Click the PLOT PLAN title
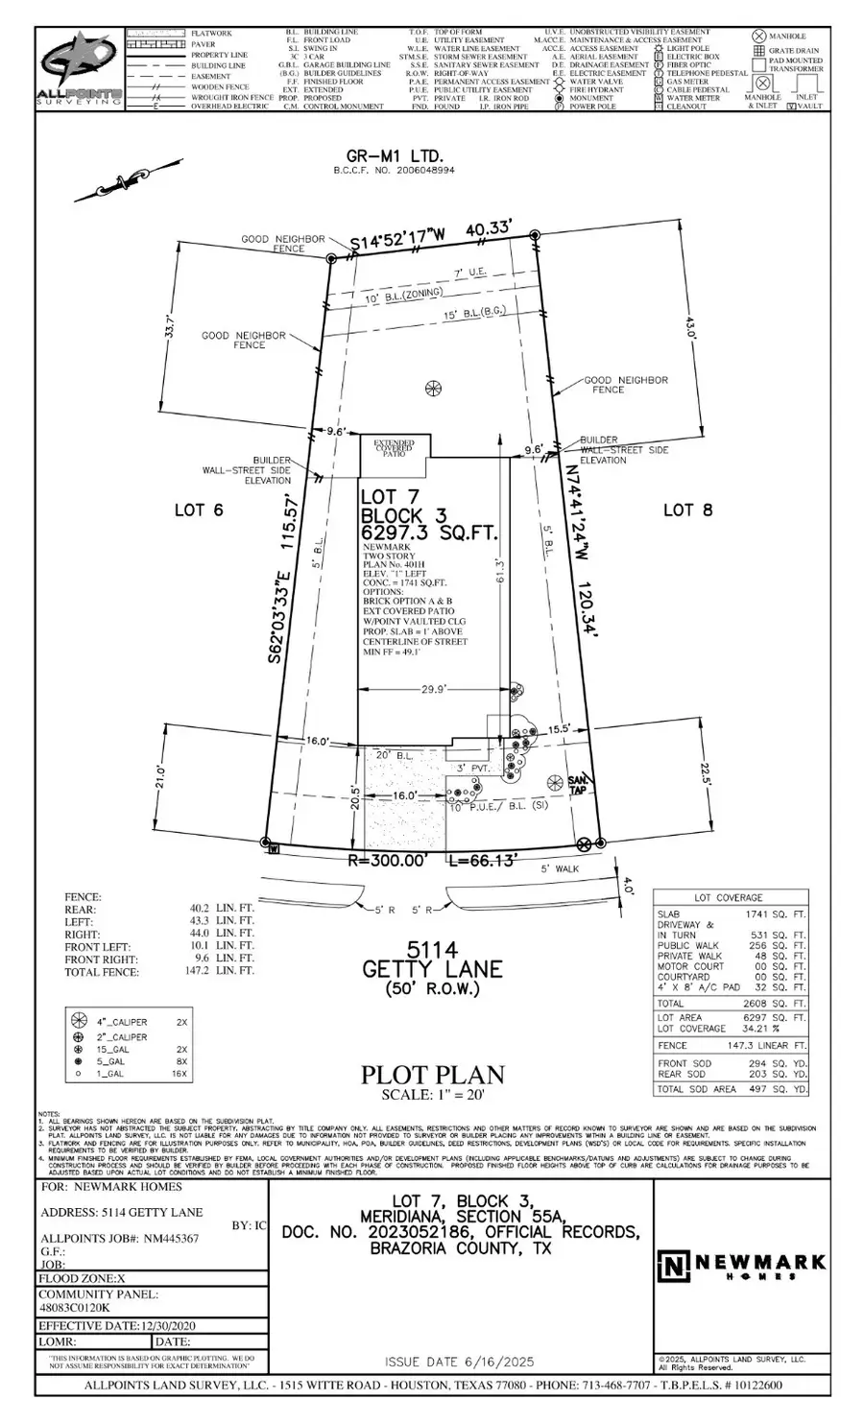[432, 1075]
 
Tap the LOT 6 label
[199, 510]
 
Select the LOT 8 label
[688, 510]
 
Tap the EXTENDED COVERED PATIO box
[394, 449]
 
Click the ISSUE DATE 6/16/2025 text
[459, 1362]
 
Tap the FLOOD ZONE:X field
[82, 1278]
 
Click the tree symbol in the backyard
[433, 388]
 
